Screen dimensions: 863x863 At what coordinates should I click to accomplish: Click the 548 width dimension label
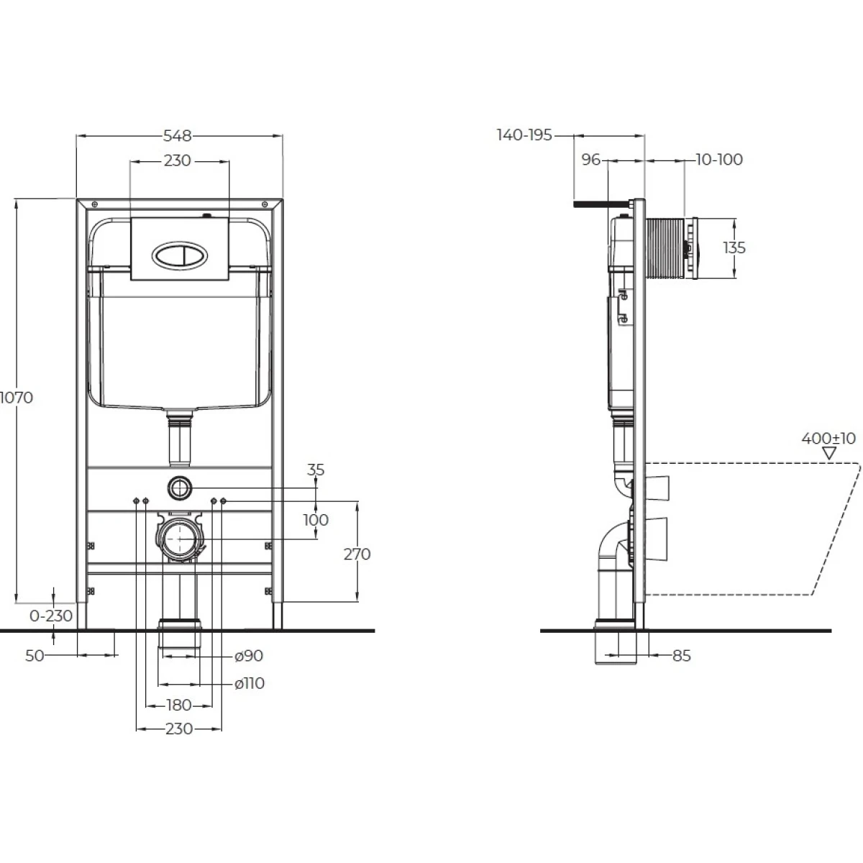(178, 136)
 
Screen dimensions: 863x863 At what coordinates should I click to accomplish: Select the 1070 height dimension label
(17, 397)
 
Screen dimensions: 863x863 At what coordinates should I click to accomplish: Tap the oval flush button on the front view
(180, 257)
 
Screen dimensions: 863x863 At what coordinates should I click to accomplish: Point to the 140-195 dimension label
(524, 134)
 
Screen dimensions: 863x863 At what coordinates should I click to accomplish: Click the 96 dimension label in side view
(590, 160)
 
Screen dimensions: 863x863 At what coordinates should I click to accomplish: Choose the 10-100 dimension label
(719, 160)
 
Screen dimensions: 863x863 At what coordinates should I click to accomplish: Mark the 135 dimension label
(734, 247)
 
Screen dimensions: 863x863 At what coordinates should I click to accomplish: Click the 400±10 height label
(828, 438)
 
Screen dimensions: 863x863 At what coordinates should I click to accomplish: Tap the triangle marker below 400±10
(829, 453)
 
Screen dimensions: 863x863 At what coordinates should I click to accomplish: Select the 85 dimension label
(682, 656)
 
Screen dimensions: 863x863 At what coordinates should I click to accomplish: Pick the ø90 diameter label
(249, 656)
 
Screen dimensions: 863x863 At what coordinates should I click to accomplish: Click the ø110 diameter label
(250, 683)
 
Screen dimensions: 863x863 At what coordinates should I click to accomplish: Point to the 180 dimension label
(178, 706)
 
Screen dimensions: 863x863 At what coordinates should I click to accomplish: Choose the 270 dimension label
(357, 554)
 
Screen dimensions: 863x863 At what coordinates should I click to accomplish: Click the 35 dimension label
(316, 470)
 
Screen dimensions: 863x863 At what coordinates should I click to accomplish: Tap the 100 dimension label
(316, 520)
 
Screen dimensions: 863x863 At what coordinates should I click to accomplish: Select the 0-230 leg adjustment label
(51, 616)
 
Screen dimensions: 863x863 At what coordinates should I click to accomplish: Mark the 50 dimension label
(35, 656)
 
